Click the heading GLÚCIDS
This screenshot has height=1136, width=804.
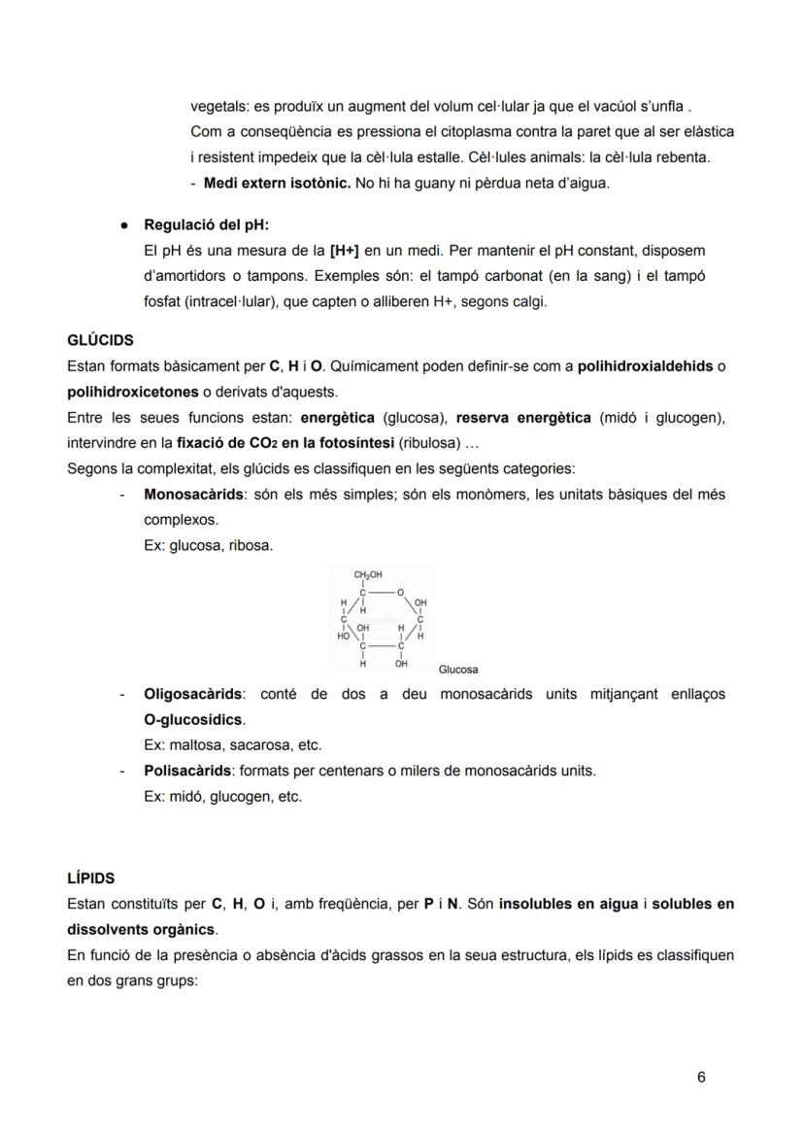click(x=100, y=341)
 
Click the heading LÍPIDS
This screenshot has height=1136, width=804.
click(x=91, y=878)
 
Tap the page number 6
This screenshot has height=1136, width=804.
click(x=701, y=1077)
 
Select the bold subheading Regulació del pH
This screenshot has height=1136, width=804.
click(x=206, y=225)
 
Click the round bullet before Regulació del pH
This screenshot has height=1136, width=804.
click(x=125, y=225)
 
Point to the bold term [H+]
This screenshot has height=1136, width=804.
click(x=344, y=251)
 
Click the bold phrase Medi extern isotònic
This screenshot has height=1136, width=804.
click(x=277, y=183)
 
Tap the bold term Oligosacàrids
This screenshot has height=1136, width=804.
click(x=193, y=695)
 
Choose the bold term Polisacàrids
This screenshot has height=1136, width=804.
click(x=188, y=771)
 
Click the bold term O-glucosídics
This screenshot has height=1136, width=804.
click(x=194, y=720)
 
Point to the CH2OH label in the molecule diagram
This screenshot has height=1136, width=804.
click(x=367, y=575)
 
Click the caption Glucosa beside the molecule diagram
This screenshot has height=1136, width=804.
click(x=458, y=670)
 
